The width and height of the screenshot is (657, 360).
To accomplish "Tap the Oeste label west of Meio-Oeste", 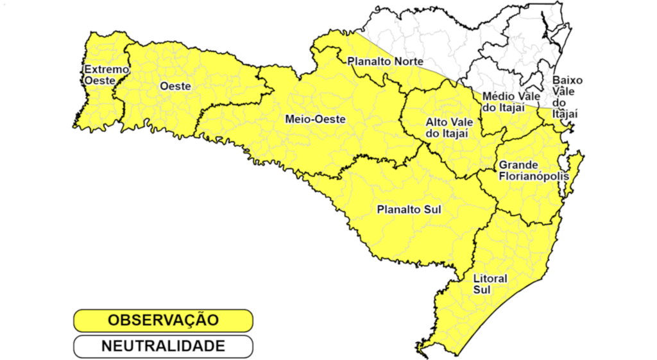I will click(175, 86).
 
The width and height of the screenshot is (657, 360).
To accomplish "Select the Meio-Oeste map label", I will click(315, 119).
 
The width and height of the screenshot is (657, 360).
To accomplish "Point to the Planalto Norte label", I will click(385, 62).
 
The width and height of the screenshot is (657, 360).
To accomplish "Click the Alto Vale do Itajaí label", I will click(446, 127).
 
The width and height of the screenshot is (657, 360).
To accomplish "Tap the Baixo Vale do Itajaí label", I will click(567, 97).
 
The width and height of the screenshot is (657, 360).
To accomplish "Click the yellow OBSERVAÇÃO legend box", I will click(163, 320).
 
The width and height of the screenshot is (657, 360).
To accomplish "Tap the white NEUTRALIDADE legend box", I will click(163, 347).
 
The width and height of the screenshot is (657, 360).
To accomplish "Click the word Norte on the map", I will click(409, 62).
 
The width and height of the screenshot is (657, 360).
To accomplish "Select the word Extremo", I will click(107, 69).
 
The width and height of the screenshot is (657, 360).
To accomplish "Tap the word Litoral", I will click(490, 279).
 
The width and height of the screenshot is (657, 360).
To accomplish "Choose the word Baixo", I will click(568, 81).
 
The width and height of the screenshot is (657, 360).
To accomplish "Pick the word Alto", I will click(436, 122).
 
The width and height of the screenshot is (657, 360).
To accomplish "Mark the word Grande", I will click(519, 165).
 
